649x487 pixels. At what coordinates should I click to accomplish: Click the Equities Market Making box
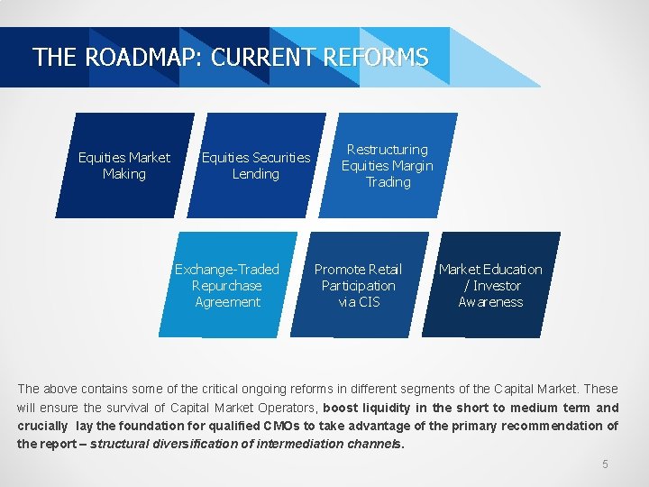[x=124, y=165]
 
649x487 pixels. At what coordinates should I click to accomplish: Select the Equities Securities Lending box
[x=256, y=165]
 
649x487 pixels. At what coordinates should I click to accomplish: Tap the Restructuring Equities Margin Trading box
[x=388, y=165]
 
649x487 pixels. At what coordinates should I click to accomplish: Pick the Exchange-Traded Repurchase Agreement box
[x=227, y=285]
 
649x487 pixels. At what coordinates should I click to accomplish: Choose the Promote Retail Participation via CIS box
[x=359, y=285]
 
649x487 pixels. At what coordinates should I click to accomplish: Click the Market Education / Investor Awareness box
[x=490, y=285]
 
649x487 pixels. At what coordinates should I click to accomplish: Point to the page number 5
[x=606, y=464]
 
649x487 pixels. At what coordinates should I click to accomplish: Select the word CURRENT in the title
[x=264, y=58]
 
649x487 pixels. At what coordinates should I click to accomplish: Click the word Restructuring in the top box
[x=388, y=149]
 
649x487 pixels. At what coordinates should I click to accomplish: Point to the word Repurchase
[x=227, y=286]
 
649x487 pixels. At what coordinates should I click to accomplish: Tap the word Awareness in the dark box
[x=490, y=302]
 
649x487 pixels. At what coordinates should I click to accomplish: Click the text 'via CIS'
[x=359, y=302]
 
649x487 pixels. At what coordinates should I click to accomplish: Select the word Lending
[x=256, y=174]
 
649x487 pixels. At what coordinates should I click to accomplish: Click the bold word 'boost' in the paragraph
[x=341, y=408]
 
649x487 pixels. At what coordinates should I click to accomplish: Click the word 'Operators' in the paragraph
[x=286, y=408]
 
